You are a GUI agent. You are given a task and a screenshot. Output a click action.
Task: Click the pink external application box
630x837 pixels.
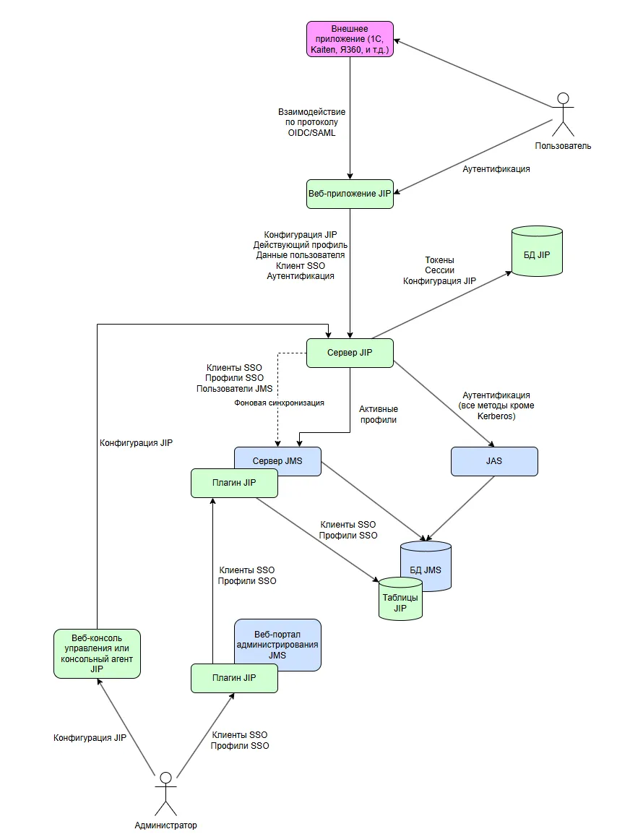[x=350, y=39]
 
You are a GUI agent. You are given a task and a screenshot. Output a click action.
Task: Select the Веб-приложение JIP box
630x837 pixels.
[x=350, y=194]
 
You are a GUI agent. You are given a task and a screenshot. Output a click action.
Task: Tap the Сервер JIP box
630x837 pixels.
[x=350, y=353]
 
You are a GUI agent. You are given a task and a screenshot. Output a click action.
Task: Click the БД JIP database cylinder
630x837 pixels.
[x=538, y=252]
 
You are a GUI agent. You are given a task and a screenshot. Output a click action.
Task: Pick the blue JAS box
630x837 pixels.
[x=494, y=461]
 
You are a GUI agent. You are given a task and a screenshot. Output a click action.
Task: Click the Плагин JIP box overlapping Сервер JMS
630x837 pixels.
[x=234, y=483]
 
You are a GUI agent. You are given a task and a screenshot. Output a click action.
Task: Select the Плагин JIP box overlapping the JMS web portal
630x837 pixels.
[x=234, y=678]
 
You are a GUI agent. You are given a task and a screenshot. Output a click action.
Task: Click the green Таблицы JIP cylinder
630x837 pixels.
[x=400, y=599]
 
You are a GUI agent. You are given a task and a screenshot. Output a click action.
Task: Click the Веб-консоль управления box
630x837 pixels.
[x=97, y=653]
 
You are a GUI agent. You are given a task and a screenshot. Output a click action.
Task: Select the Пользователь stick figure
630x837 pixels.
[x=563, y=115]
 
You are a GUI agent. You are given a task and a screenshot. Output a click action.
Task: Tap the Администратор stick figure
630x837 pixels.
[x=166, y=794]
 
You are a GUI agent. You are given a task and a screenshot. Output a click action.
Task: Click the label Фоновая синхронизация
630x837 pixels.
[x=279, y=403]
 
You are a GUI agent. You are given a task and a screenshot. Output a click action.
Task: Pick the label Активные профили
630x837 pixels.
[x=378, y=414]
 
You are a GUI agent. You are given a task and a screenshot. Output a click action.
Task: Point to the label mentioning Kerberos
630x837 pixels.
[x=496, y=405]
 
